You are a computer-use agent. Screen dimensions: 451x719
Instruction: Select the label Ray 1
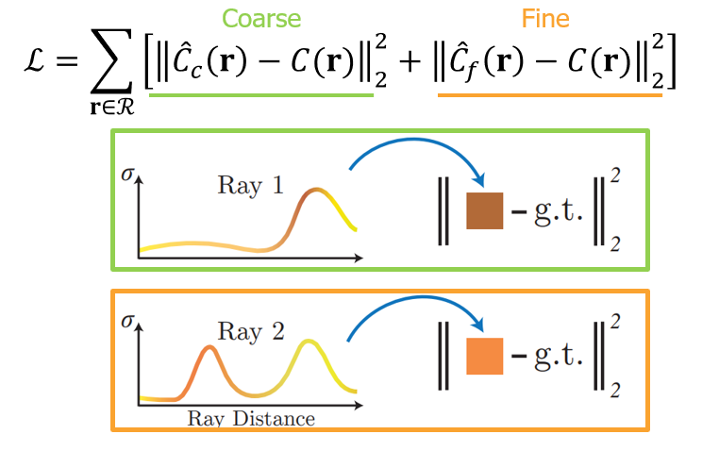tap(250, 185)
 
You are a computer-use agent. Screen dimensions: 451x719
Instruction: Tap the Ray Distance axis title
tap(250, 418)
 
